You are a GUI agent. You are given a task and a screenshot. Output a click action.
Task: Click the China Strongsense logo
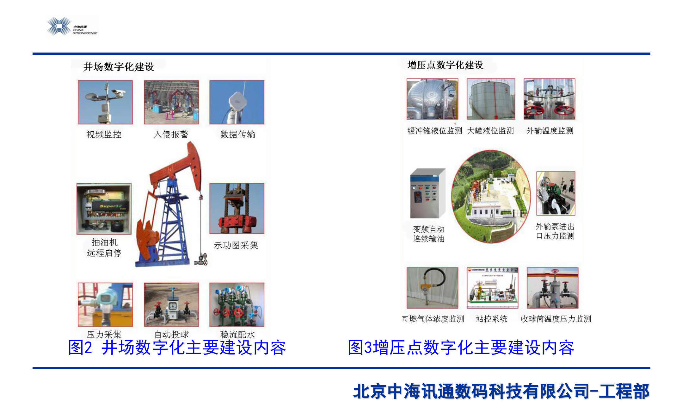[72, 26]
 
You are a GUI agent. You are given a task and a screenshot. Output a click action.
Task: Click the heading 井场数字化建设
[119, 67]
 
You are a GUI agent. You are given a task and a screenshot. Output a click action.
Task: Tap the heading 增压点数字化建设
[445, 65]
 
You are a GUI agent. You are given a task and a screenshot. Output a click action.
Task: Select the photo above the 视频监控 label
[105, 102]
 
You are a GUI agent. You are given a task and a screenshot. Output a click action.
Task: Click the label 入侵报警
[171, 135]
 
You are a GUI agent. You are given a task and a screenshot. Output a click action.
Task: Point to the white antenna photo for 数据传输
[237, 102]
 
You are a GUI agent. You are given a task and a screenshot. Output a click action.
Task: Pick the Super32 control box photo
[104, 209]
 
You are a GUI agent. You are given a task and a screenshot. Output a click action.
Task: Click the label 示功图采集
[236, 245]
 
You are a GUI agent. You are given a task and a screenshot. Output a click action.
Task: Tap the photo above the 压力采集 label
[105, 304]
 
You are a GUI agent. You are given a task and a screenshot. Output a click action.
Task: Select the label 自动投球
[171, 334]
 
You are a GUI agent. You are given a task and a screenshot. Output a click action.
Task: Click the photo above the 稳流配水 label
[237, 304]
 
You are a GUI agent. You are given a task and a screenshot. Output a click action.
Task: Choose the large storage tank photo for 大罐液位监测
[491, 99]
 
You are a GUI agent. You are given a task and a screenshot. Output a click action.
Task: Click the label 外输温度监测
[550, 131]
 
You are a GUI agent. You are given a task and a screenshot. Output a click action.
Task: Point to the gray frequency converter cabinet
[428, 193]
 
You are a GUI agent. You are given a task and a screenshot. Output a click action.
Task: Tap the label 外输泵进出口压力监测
[555, 231]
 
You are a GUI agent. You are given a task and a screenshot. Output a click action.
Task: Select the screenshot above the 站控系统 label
[492, 288]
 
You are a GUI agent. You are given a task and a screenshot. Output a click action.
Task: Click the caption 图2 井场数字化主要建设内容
[177, 348]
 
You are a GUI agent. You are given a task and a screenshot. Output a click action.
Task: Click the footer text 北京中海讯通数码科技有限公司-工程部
[501, 391]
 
